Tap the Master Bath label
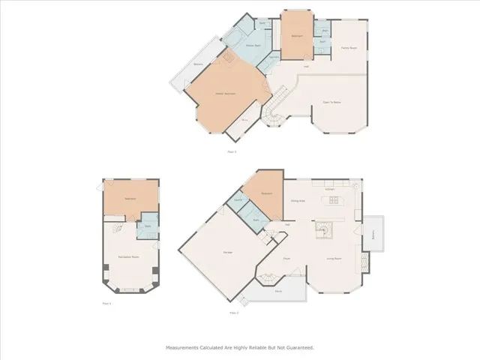pyautogui.click(x=253, y=46)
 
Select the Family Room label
pyautogui.click(x=348, y=47)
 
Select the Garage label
pyautogui.click(x=226, y=252)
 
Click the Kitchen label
pyautogui.click(x=329, y=189)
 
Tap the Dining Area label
pyautogui.click(x=297, y=201)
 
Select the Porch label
pyautogui.click(x=277, y=290)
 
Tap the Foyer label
pyautogui.click(x=286, y=259)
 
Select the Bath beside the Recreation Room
pyautogui.click(x=148, y=226)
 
